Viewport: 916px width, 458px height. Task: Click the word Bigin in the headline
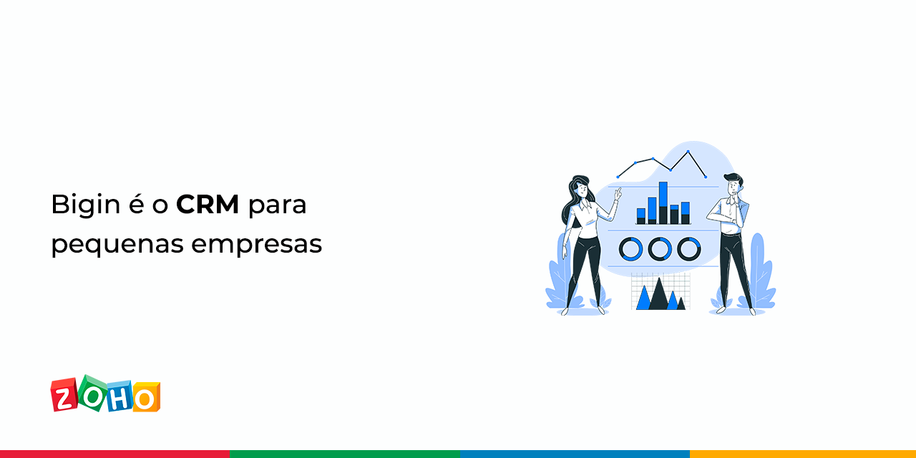click(86, 205)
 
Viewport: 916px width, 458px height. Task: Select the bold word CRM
click(208, 204)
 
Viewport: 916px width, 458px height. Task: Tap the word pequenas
click(117, 245)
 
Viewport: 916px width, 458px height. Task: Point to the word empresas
click(257, 245)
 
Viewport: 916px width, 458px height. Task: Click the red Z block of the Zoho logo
click(64, 394)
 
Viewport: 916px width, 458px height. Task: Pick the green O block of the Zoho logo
click(93, 393)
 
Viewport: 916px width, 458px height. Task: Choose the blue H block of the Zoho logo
click(119, 396)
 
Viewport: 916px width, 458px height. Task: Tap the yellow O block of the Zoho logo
click(146, 396)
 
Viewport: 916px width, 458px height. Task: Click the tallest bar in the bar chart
click(663, 203)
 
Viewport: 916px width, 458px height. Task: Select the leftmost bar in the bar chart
click(641, 216)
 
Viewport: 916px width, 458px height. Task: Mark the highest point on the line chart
click(688, 152)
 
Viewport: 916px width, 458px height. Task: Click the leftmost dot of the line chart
click(618, 177)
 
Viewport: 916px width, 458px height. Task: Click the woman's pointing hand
click(618, 194)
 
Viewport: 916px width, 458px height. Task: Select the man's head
click(734, 184)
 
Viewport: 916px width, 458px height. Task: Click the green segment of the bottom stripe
click(345, 454)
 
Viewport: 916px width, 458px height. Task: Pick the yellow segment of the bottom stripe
click(803, 454)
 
